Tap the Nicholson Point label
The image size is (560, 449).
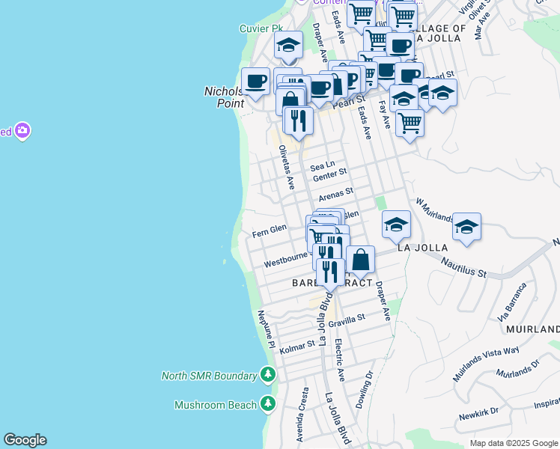tap(225, 97)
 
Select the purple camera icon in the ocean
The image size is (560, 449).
tap(22, 131)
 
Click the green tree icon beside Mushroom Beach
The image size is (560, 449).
tap(268, 405)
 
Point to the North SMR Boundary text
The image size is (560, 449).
tap(210, 376)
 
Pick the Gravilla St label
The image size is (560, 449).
tap(344, 318)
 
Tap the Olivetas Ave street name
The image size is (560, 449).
tap(284, 167)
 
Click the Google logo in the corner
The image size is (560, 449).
tap(25, 440)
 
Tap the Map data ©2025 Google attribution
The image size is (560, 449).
tap(513, 443)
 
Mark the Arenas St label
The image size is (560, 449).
tap(335, 196)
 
